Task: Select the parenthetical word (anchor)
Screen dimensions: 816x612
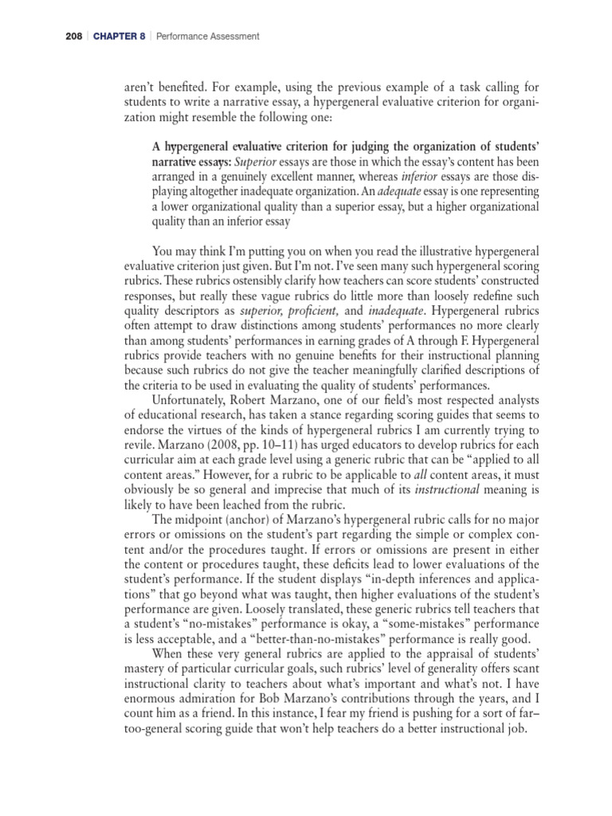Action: tap(242, 522)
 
